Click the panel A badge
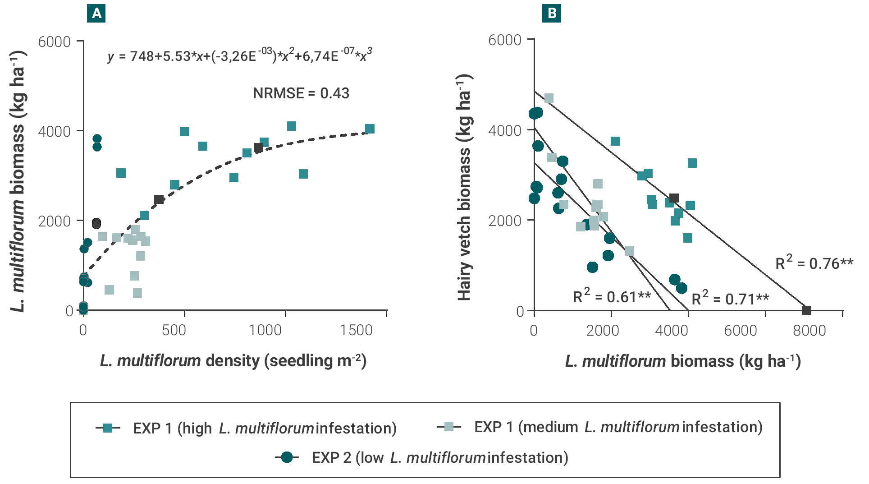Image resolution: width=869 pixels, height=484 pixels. click(96, 14)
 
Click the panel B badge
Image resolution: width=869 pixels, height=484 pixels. click(552, 14)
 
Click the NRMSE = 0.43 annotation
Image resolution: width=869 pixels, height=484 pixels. click(301, 93)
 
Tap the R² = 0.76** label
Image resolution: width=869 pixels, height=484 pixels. click(814, 263)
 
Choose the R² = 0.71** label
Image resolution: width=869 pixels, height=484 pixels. click(730, 298)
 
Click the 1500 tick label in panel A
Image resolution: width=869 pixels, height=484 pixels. click(356, 330)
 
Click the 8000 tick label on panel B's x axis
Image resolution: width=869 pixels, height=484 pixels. click(809, 331)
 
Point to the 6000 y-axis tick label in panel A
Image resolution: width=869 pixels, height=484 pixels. click(55, 42)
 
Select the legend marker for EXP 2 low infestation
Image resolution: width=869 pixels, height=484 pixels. click(287, 457)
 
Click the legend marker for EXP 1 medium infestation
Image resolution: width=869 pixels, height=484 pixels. click(449, 427)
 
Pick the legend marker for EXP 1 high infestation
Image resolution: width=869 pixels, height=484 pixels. click(108, 428)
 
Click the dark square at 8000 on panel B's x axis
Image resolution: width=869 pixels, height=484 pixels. click(807, 310)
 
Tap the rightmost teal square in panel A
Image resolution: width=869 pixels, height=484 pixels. click(370, 129)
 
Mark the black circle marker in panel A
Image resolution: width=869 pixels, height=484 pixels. click(96, 224)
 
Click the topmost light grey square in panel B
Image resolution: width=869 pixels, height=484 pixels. click(549, 98)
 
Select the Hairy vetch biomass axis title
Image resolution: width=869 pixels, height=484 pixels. click(464, 187)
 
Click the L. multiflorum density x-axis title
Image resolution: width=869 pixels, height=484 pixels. click(233, 361)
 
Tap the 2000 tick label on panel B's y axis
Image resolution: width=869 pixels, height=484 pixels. click(505, 221)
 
